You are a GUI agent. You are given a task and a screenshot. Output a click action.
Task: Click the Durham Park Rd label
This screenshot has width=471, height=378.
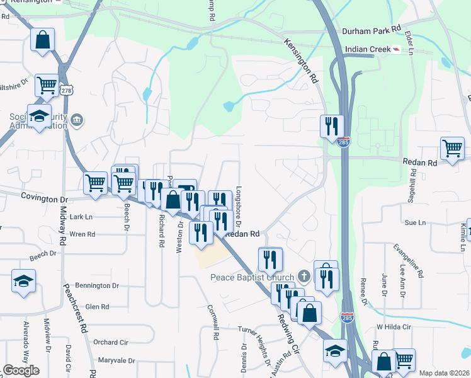(x=371, y=30)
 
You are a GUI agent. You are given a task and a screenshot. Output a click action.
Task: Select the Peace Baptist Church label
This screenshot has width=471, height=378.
(x=252, y=277)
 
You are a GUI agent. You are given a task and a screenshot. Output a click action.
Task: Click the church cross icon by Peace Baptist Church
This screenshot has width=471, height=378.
(x=304, y=276)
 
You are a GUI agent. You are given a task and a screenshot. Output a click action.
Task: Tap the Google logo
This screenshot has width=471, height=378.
(x=21, y=370)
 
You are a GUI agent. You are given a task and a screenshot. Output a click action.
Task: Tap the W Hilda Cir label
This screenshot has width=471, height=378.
(x=394, y=327)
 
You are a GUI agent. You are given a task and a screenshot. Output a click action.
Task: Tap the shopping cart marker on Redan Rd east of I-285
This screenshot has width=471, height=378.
(x=452, y=149)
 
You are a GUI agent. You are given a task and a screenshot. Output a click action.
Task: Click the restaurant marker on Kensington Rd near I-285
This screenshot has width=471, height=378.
(x=331, y=126)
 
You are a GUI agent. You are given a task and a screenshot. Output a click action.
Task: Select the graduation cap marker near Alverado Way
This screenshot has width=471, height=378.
(x=23, y=280)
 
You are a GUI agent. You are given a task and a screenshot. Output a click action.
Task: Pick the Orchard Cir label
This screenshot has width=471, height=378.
(x=110, y=342)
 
